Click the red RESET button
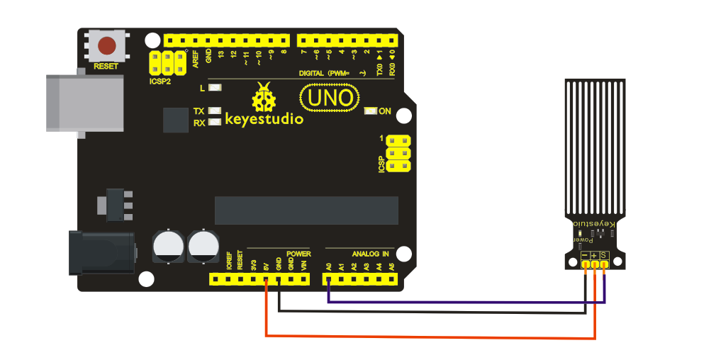point(107,47)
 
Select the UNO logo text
point(328,98)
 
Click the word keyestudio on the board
point(264,118)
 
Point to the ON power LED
point(369,111)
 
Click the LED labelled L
point(215,89)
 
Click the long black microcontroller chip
point(306,210)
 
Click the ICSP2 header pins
point(162,63)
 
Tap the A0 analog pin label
point(329,267)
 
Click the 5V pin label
point(266,267)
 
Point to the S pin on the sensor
point(604,255)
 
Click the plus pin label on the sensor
point(594,255)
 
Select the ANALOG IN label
point(370,253)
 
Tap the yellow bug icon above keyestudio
point(265,97)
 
